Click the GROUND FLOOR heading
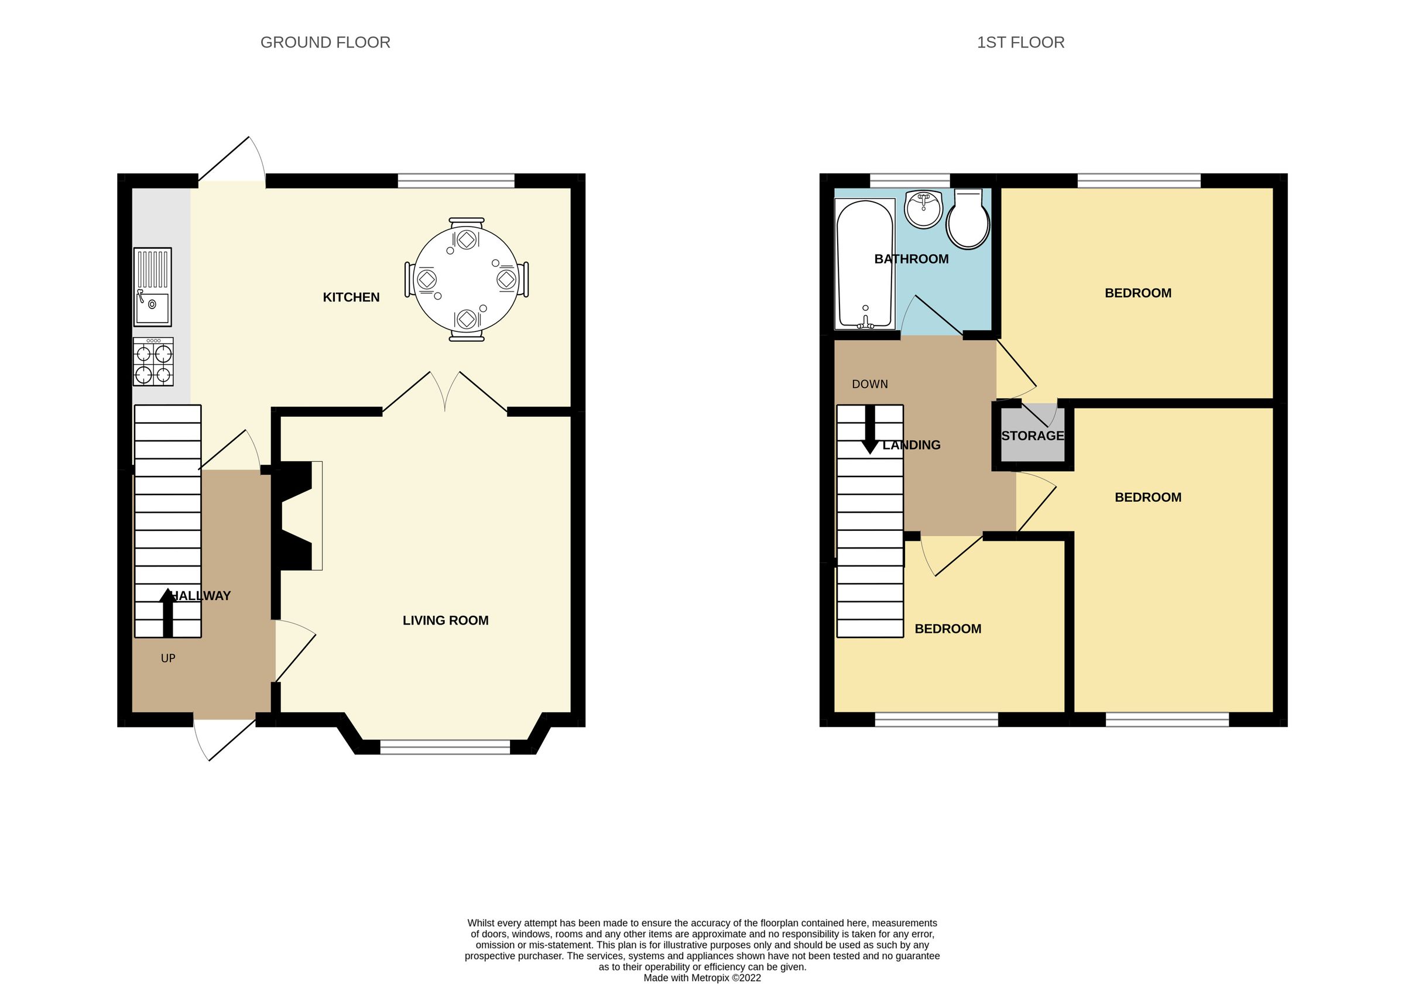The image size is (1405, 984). (325, 42)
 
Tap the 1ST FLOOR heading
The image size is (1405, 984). (1020, 42)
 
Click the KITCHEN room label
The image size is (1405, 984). (351, 297)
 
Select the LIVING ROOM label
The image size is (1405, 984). (446, 620)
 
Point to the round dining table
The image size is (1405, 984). (467, 279)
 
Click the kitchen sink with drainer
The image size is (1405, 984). (152, 286)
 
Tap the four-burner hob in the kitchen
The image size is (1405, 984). (153, 362)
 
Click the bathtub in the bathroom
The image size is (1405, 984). (865, 264)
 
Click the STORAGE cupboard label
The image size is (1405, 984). (1032, 436)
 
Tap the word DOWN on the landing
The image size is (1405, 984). (869, 385)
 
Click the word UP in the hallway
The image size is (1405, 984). (167, 659)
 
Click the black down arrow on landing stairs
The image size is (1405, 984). (869, 431)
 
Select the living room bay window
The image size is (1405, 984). (445, 746)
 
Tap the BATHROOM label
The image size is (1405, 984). (911, 259)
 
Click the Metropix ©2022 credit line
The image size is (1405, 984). (702, 978)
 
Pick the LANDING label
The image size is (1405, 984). (911, 445)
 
